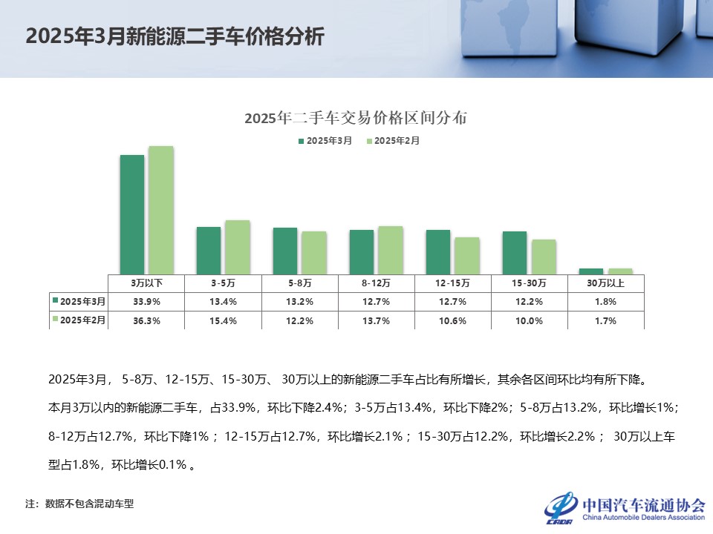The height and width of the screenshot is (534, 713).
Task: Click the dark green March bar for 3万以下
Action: (x=132, y=214)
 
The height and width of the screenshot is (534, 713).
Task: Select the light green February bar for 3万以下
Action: (x=160, y=210)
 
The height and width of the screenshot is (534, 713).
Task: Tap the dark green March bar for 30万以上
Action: (x=590, y=271)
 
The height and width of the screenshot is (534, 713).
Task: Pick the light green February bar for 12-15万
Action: (x=466, y=255)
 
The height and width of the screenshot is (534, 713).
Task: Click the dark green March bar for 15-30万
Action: (x=514, y=252)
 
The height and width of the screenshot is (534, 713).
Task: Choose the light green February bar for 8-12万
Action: (x=390, y=250)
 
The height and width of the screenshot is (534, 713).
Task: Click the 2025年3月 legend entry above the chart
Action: (x=325, y=140)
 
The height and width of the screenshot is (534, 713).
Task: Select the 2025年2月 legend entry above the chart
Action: (x=393, y=140)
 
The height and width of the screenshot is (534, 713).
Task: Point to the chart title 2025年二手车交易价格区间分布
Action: (x=356, y=118)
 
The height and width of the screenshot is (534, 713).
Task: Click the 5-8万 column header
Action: (x=300, y=283)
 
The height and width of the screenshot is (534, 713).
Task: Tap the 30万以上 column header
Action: (x=605, y=283)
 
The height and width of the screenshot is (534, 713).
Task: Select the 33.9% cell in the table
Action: (x=147, y=302)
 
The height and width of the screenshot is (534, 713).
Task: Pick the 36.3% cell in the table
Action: (x=147, y=320)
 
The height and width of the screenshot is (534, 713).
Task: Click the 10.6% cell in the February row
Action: (x=453, y=320)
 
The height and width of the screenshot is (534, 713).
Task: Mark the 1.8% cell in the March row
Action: (x=605, y=302)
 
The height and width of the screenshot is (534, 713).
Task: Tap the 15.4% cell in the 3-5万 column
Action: (x=224, y=320)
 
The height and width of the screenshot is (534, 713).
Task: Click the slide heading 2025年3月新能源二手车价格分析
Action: (x=175, y=37)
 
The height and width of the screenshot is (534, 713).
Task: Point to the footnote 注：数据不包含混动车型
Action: (x=79, y=504)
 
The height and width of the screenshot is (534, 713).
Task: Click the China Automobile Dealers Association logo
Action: (x=625, y=507)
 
